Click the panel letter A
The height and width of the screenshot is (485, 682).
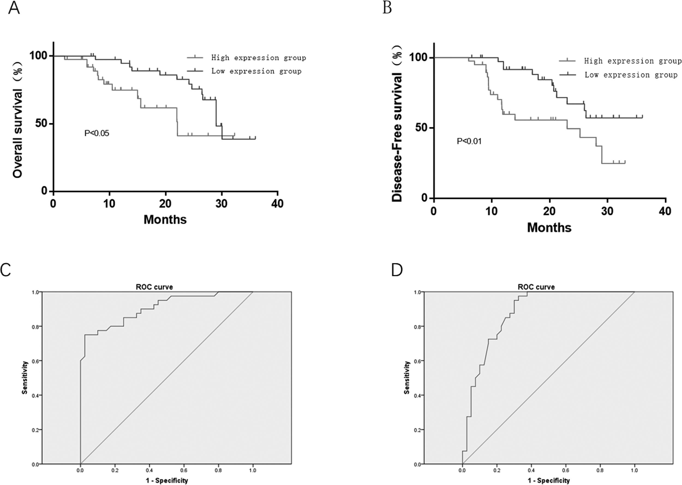[14, 8]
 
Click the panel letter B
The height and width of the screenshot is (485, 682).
[387, 8]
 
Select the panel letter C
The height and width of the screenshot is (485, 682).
[6, 270]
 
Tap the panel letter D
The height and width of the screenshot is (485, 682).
[397, 270]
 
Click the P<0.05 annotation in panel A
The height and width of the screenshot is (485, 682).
[97, 133]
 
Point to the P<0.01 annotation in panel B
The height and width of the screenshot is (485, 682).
[469, 141]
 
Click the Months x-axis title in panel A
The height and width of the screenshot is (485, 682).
[165, 219]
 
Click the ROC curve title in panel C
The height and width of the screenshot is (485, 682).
[154, 287]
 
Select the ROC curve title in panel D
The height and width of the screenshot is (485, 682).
[536, 287]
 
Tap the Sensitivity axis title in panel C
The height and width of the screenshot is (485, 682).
[25, 378]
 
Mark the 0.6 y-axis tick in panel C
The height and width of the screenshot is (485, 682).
[35, 361]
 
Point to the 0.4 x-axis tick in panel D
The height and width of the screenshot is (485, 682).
[531, 470]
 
